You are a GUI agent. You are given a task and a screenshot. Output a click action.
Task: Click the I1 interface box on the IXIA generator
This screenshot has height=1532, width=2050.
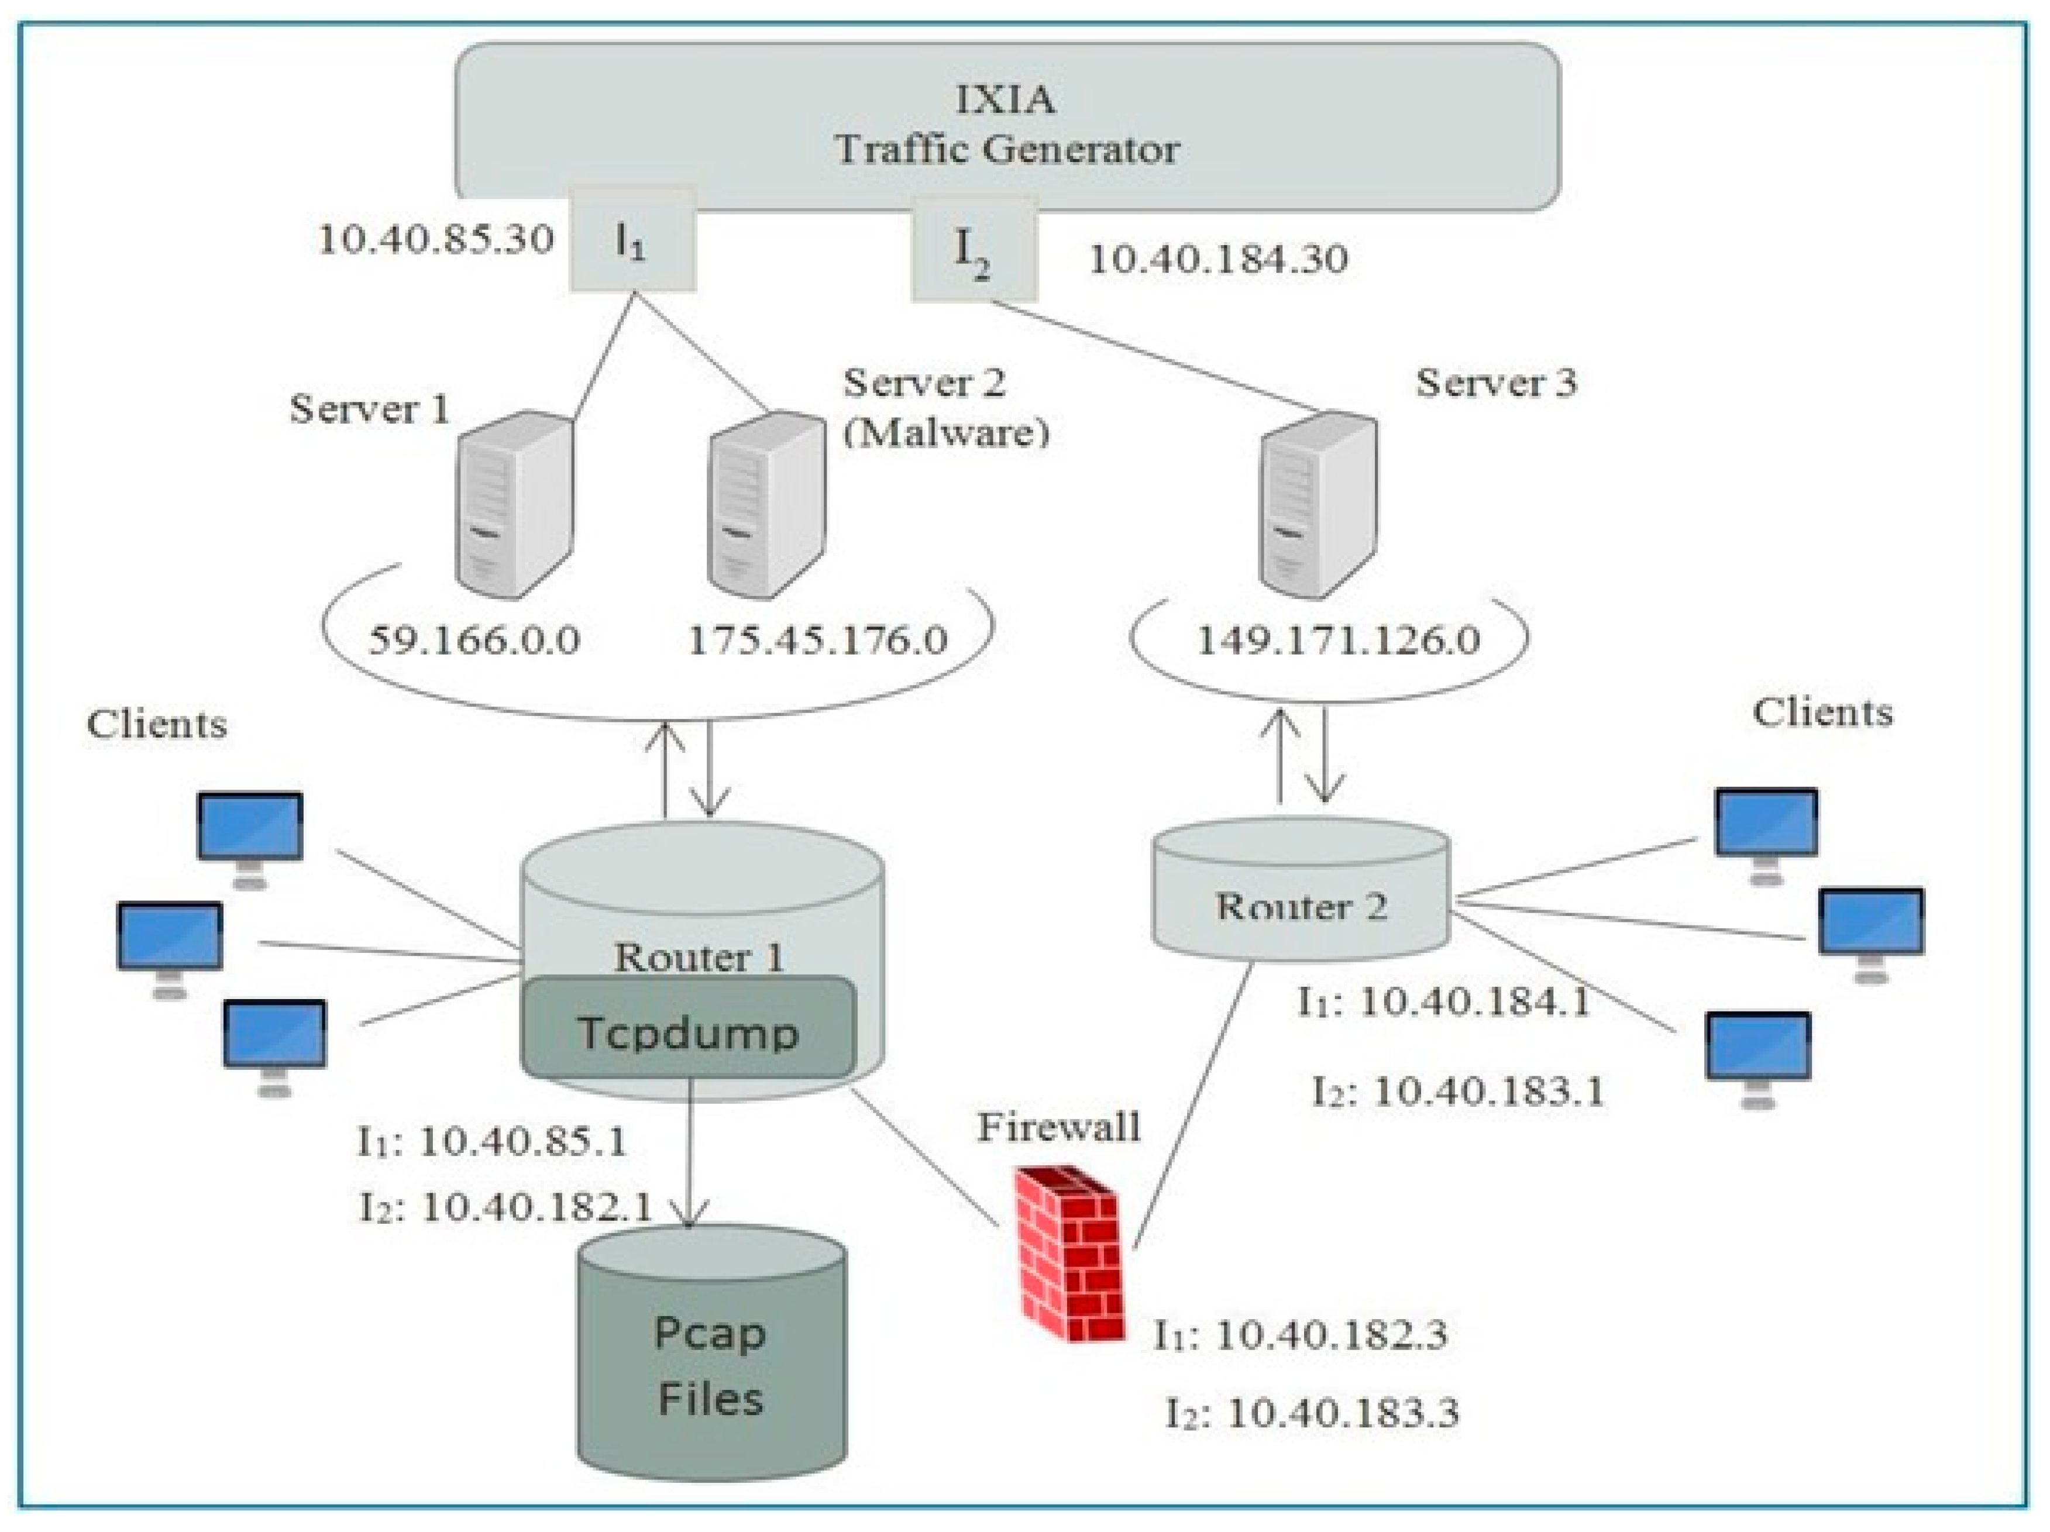pyautogui.click(x=632, y=240)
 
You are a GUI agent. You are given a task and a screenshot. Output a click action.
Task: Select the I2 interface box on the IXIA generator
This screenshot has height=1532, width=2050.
pyautogui.click(x=974, y=249)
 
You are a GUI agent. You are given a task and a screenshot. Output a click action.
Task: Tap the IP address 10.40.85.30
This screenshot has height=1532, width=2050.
pyautogui.click(x=436, y=240)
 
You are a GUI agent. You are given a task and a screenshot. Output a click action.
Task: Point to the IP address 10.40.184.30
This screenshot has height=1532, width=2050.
pyautogui.click(x=1217, y=260)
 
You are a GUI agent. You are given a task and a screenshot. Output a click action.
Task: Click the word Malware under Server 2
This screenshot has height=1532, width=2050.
pyautogui.click(x=946, y=432)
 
